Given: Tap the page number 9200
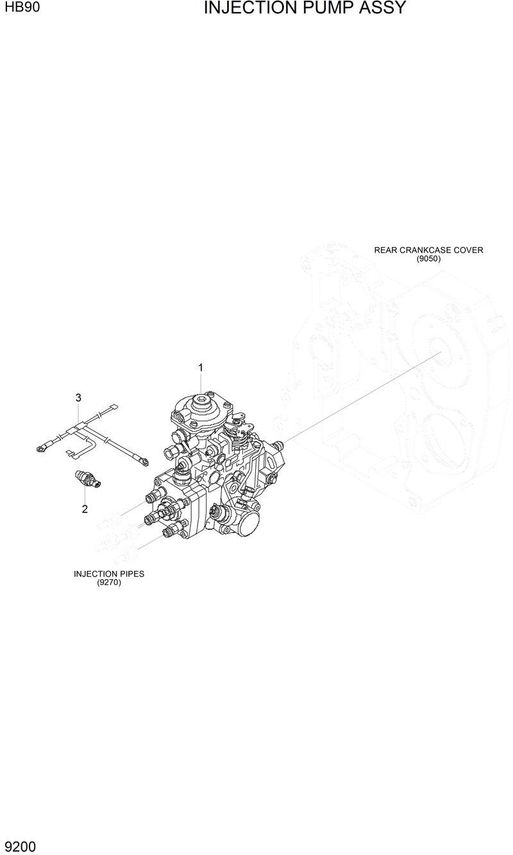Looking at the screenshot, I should [20, 847].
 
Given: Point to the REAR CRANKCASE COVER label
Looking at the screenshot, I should [428, 250].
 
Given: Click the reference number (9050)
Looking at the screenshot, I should [428, 259].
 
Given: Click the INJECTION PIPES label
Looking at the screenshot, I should [109, 573].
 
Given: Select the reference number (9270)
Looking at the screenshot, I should [109, 582].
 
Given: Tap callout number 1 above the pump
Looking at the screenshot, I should [201, 368].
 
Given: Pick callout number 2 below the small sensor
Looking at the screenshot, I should [84, 510].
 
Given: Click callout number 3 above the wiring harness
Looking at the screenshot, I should [78, 398].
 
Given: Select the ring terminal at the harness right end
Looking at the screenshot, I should [145, 460].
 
